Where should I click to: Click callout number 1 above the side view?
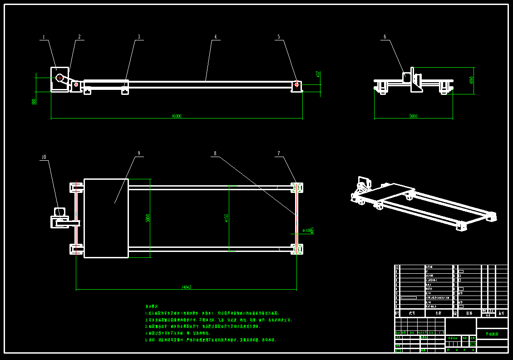(x=44, y=37)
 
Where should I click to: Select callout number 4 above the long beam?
(x=216, y=37)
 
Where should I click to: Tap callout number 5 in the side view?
(x=279, y=37)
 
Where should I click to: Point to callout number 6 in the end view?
(x=385, y=37)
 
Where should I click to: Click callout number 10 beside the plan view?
(x=44, y=158)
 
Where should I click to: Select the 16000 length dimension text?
(x=177, y=116)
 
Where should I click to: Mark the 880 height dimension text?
(x=34, y=101)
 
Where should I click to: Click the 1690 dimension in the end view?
(x=471, y=80)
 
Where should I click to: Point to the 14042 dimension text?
(x=186, y=287)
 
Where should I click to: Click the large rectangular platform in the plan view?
(x=106, y=218)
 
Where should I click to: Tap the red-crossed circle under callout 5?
(x=297, y=84)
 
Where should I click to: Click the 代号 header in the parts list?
(x=412, y=313)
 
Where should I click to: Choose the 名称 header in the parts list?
(x=439, y=313)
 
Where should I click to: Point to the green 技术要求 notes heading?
(x=152, y=307)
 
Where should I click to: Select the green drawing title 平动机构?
(x=492, y=334)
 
